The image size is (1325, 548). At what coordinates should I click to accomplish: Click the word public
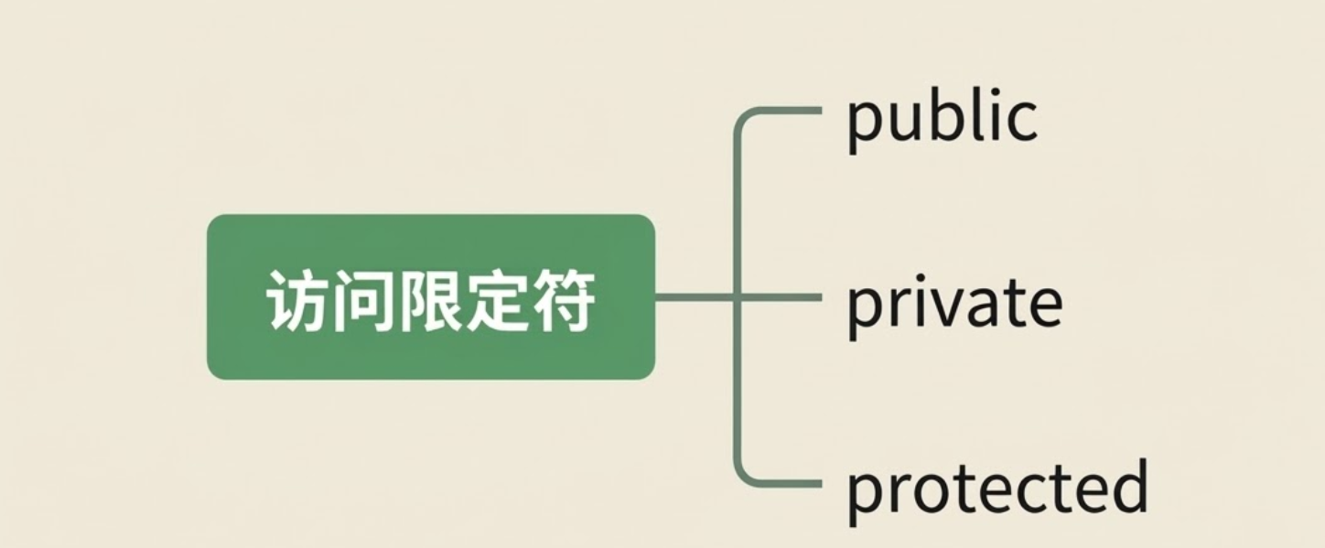coord(942,119)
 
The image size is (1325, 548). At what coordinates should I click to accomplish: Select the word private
coord(953,305)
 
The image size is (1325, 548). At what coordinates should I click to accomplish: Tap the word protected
coord(996,489)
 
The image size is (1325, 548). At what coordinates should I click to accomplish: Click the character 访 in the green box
coord(298,299)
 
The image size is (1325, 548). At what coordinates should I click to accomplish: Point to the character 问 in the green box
coord(364,299)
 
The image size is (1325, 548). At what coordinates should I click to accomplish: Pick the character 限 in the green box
coord(430,299)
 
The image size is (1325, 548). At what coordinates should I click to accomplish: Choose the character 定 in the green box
coord(496,299)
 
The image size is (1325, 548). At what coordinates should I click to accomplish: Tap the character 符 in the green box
coord(562,299)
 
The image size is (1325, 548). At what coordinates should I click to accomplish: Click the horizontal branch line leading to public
coord(787,111)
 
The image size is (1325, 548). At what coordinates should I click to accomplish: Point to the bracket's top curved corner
coord(741,119)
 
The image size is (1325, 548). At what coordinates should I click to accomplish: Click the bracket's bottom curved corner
coord(741,474)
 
